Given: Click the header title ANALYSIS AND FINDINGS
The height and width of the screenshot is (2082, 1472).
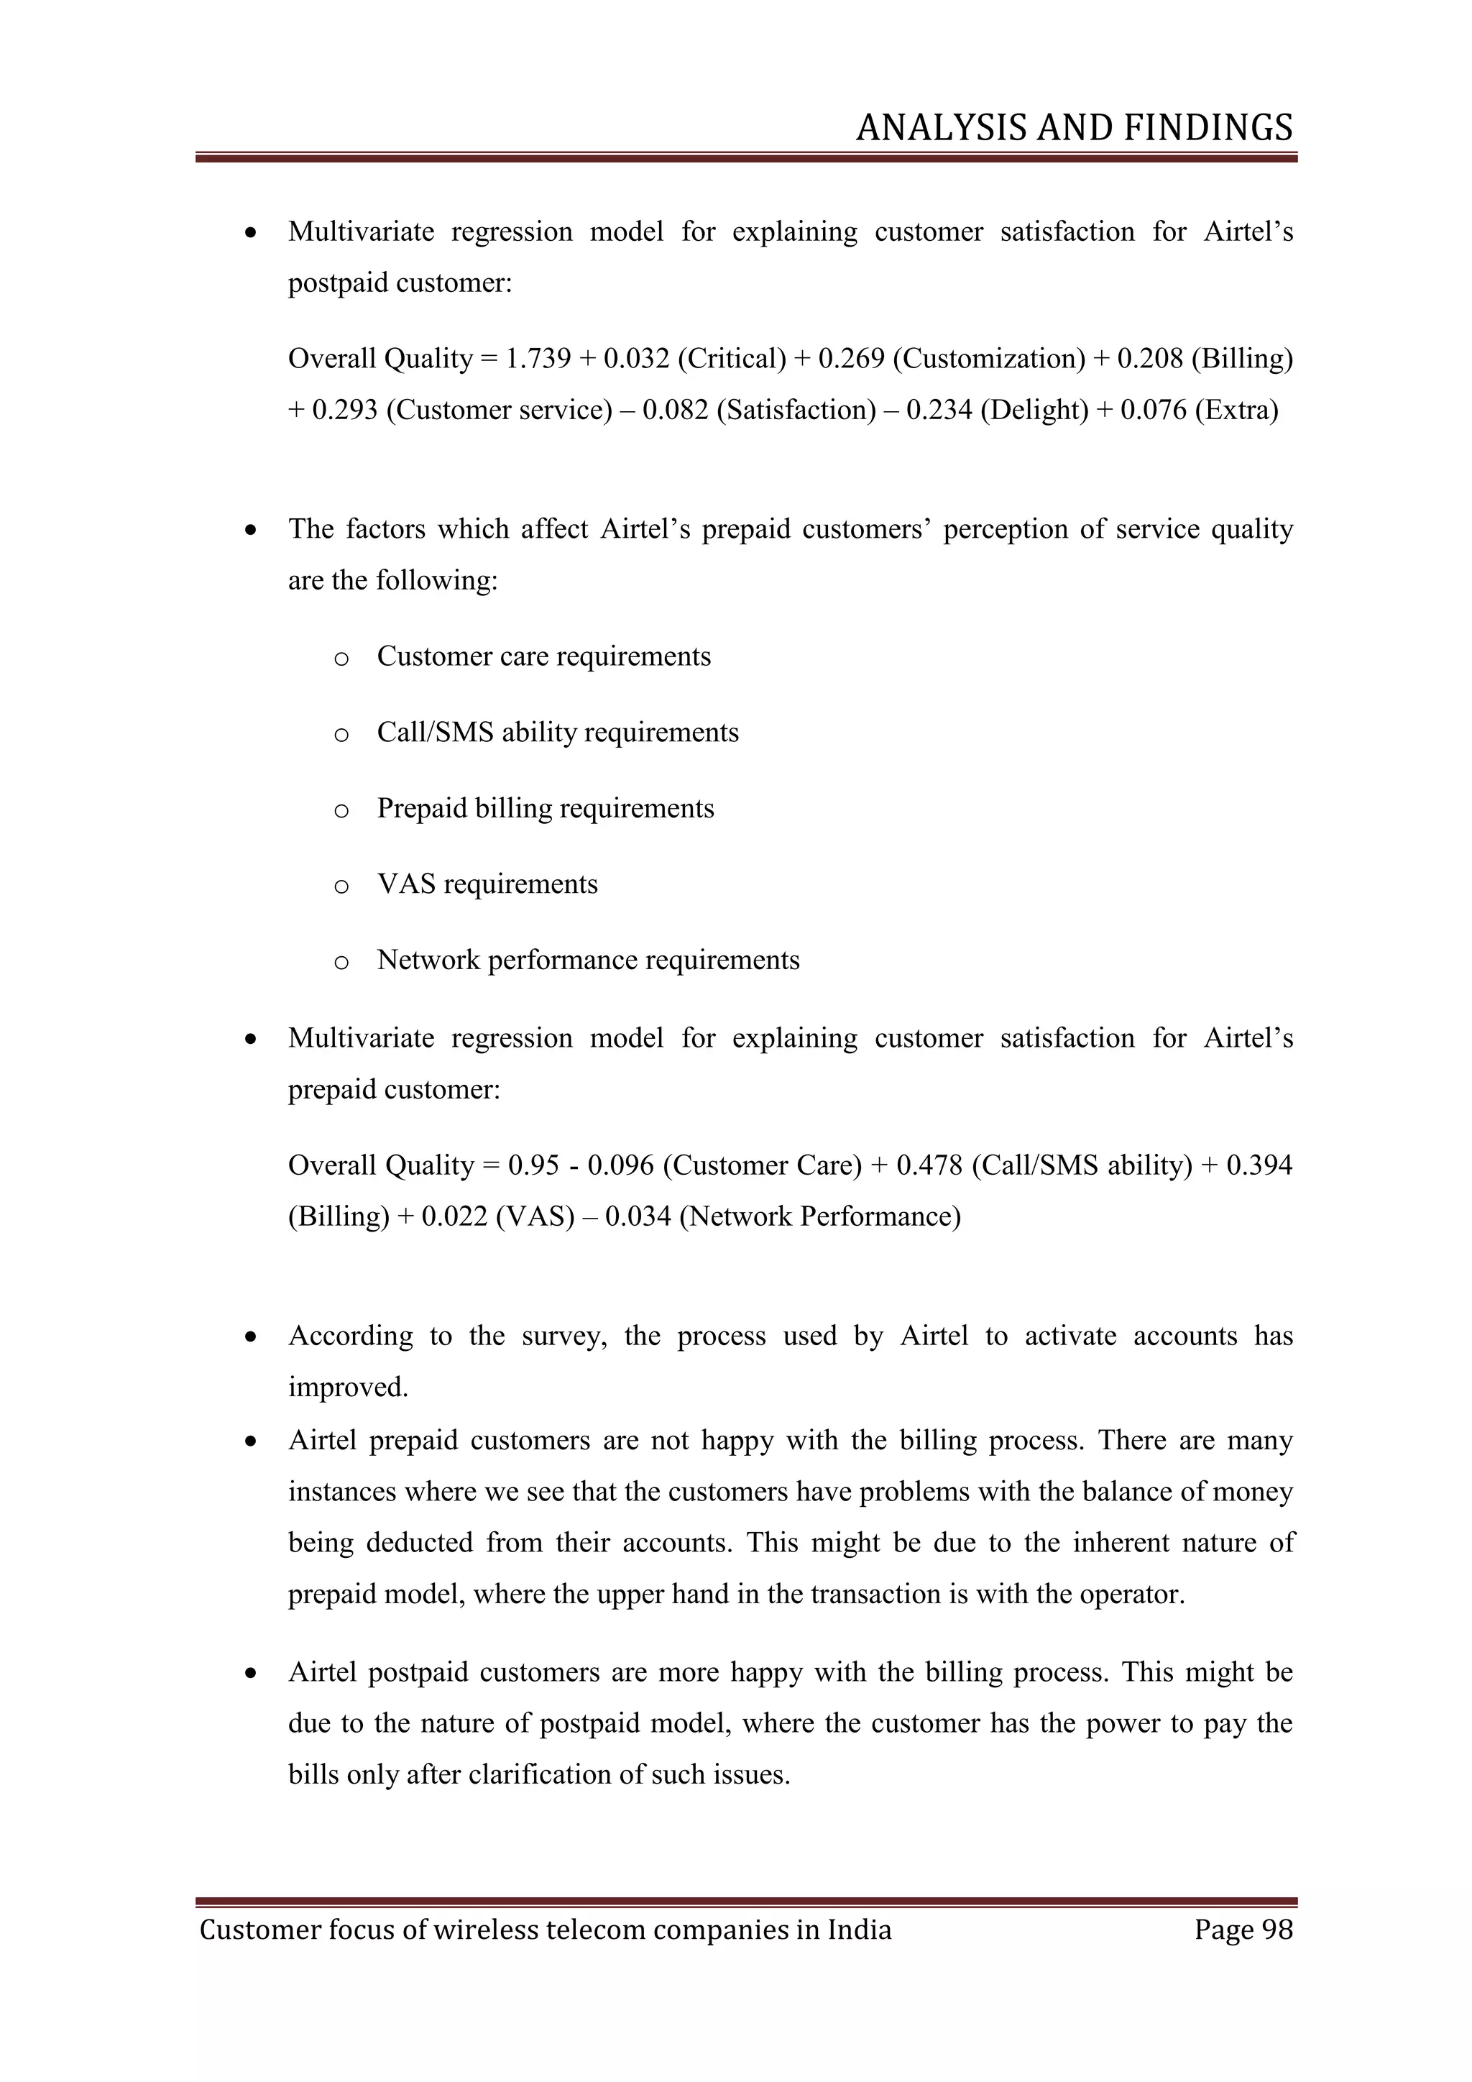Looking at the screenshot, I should point(1074,129).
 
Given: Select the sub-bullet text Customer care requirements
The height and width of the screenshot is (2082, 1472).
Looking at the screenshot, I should point(544,656).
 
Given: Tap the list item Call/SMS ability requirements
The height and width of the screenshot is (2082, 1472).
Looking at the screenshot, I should point(558,733).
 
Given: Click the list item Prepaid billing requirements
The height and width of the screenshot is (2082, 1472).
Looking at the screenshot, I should point(545,809).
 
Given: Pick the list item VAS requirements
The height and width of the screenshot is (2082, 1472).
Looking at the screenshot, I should point(487,884).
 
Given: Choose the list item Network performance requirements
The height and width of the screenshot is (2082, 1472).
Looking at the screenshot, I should point(587,960).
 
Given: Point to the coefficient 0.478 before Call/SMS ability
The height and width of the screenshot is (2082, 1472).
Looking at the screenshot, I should point(928,1165).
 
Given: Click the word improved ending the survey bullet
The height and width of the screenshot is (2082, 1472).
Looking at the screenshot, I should point(347,1388).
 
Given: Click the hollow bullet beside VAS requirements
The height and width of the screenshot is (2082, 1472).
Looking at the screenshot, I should point(341,886).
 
